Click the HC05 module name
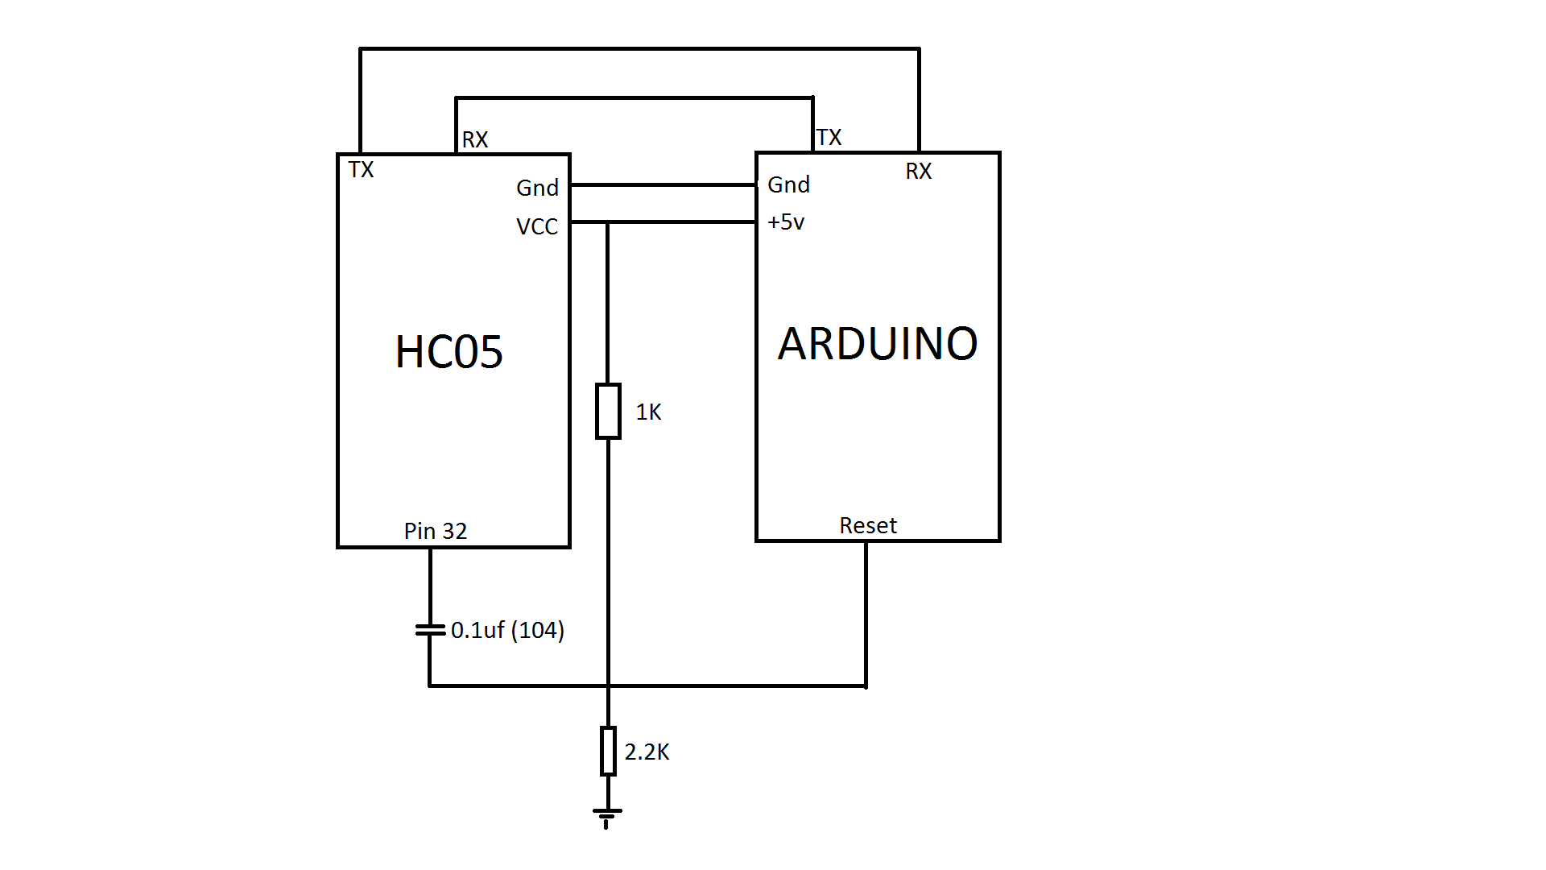[x=449, y=352]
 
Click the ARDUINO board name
[x=878, y=344]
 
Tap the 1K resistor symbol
[x=608, y=412]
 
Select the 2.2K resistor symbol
[x=608, y=751]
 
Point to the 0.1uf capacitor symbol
[x=430, y=630]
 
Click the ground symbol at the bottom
[x=607, y=816]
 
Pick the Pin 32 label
[x=435, y=531]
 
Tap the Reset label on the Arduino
[x=867, y=525]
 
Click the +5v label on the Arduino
[x=786, y=222]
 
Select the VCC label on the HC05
[x=537, y=226]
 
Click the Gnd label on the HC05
[x=537, y=188]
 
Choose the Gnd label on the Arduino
[x=788, y=184]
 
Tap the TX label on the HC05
[x=361, y=170]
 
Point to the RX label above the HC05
[x=475, y=139]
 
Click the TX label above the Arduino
[x=829, y=137]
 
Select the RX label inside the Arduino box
[x=918, y=171]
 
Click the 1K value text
[x=648, y=412]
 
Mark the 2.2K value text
[x=647, y=752]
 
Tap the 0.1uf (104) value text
[x=507, y=630]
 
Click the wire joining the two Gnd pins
[x=663, y=184]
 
